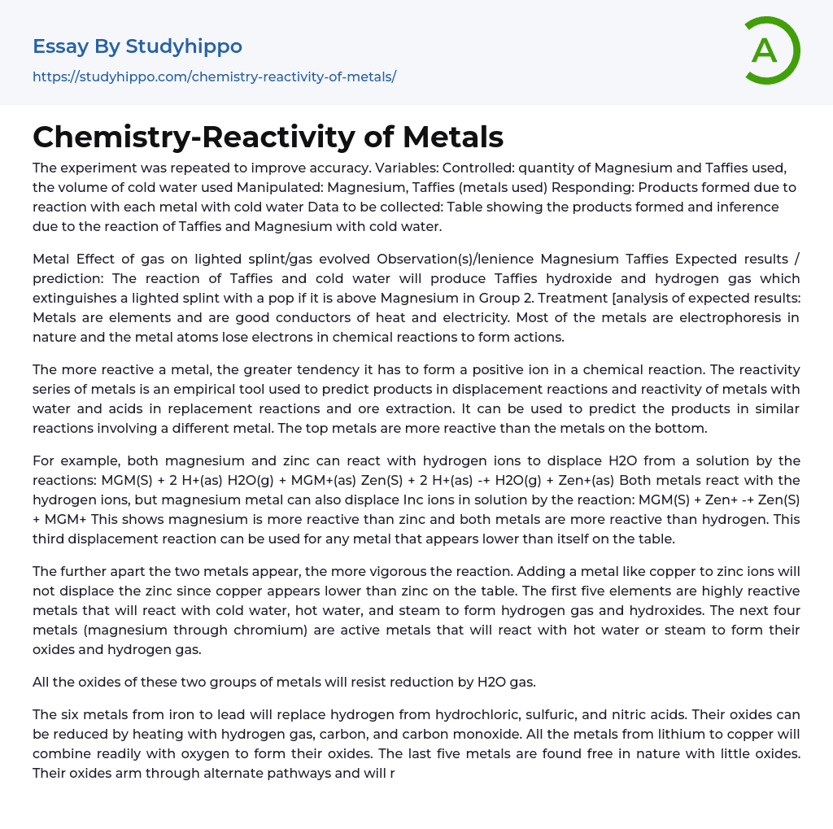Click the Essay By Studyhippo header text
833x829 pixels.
[x=137, y=46]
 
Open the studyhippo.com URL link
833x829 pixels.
[x=214, y=76]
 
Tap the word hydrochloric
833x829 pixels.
[x=488, y=714]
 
